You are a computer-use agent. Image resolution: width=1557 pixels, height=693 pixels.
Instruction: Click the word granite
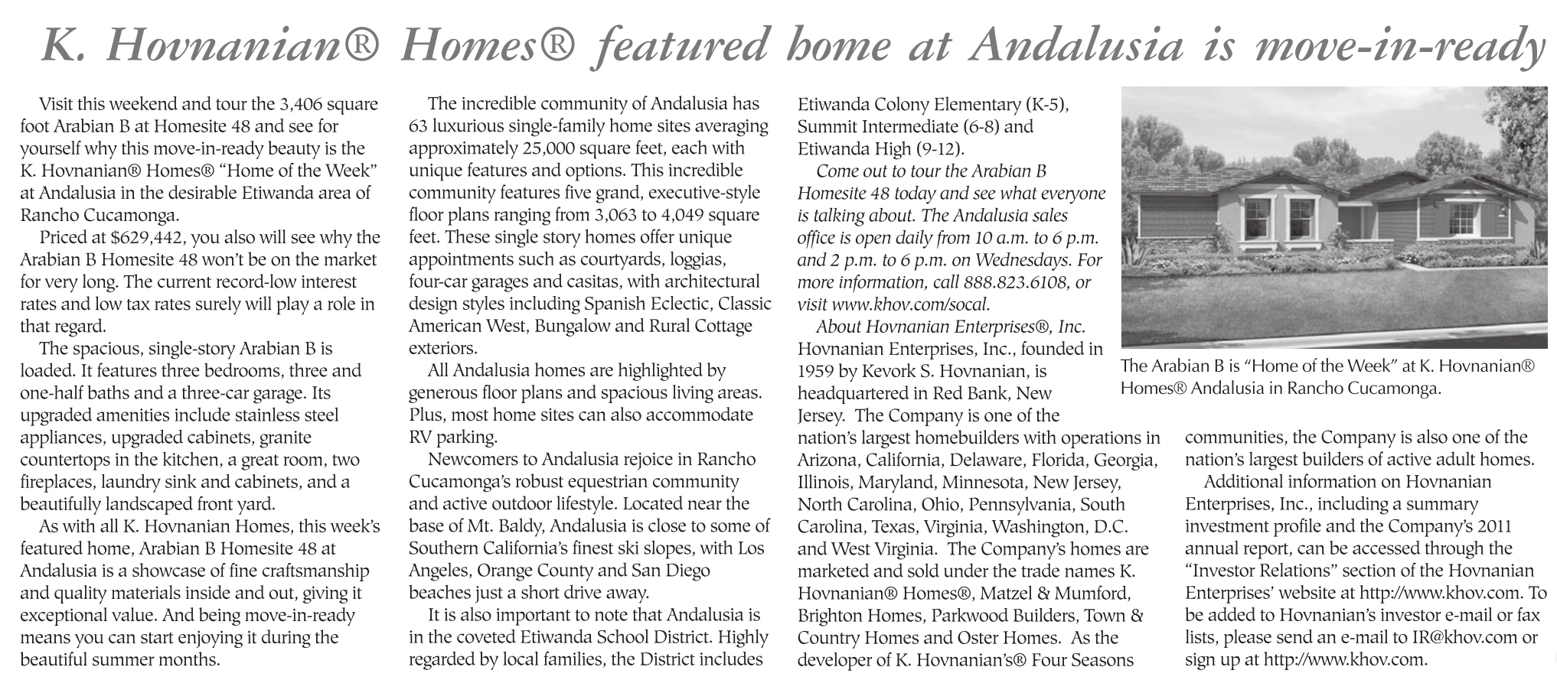tap(286, 438)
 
